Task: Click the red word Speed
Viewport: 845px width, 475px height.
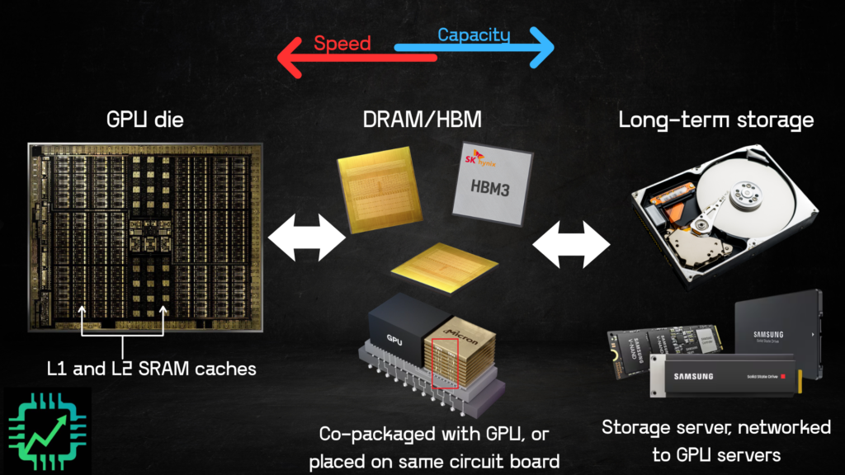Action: [342, 43]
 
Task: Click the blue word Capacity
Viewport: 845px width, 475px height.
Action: [474, 35]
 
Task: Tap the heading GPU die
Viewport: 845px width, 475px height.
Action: [145, 120]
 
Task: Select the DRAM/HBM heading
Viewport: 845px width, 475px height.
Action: [422, 120]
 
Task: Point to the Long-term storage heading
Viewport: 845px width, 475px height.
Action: [716, 120]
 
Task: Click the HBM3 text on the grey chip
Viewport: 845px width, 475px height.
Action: [490, 189]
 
